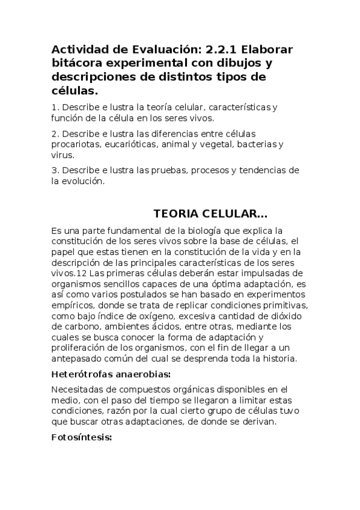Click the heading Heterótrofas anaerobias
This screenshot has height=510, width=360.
coord(111,374)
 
